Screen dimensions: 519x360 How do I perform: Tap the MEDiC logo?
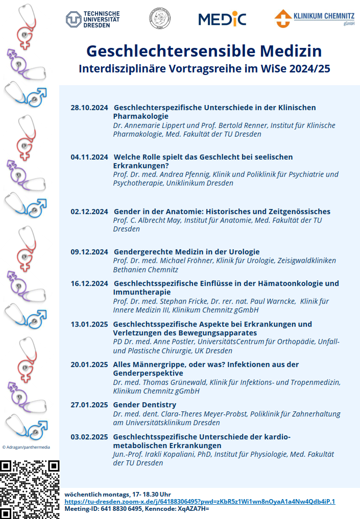[222, 19]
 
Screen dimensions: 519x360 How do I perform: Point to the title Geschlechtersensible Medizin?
[204, 51]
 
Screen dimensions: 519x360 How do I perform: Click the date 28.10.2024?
[89, 108]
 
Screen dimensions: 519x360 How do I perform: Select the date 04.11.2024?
[89, 157]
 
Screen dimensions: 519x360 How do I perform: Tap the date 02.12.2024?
[89, 212]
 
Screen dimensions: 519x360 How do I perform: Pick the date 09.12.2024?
[89, 252]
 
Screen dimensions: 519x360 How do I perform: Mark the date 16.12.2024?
[89, 283]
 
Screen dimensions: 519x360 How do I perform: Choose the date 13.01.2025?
[89, 324]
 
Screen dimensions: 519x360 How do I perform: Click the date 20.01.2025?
[89, 364]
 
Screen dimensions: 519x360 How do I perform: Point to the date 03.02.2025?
[89, 436]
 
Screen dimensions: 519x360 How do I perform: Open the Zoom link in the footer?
[200, 502]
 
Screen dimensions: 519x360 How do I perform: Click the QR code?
[30, 489]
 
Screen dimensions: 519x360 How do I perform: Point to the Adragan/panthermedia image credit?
[27, 447]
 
